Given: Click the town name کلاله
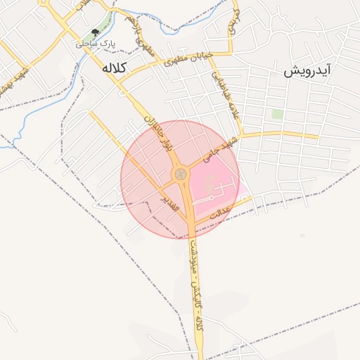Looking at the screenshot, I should pyautogui.click(x=113, y=68).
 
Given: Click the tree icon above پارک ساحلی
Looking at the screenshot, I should pyautogui.click(x=95, y=32).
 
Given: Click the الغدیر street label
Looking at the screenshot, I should pyautogui.click(x=170, y=202).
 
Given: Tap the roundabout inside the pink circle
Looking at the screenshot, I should pyautogui.click(x=181, y=173).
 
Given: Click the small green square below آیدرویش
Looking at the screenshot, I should pyautogui.click(x=277, y=114).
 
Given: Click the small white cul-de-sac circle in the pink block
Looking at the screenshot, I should pyautogui.click(x=212, y=198).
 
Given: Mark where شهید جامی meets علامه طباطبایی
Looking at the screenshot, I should pyautogui.click(x=241, y=134).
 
